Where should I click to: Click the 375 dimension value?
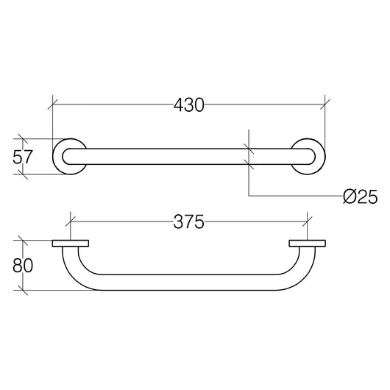[189, 221]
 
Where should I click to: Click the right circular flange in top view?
[306, 157]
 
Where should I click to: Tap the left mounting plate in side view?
[71, 244]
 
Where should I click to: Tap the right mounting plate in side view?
[307, 244]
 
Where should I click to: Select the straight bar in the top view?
[188, 157]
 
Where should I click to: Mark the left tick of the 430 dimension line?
[53, 104]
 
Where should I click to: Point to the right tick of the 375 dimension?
[307, 221]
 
